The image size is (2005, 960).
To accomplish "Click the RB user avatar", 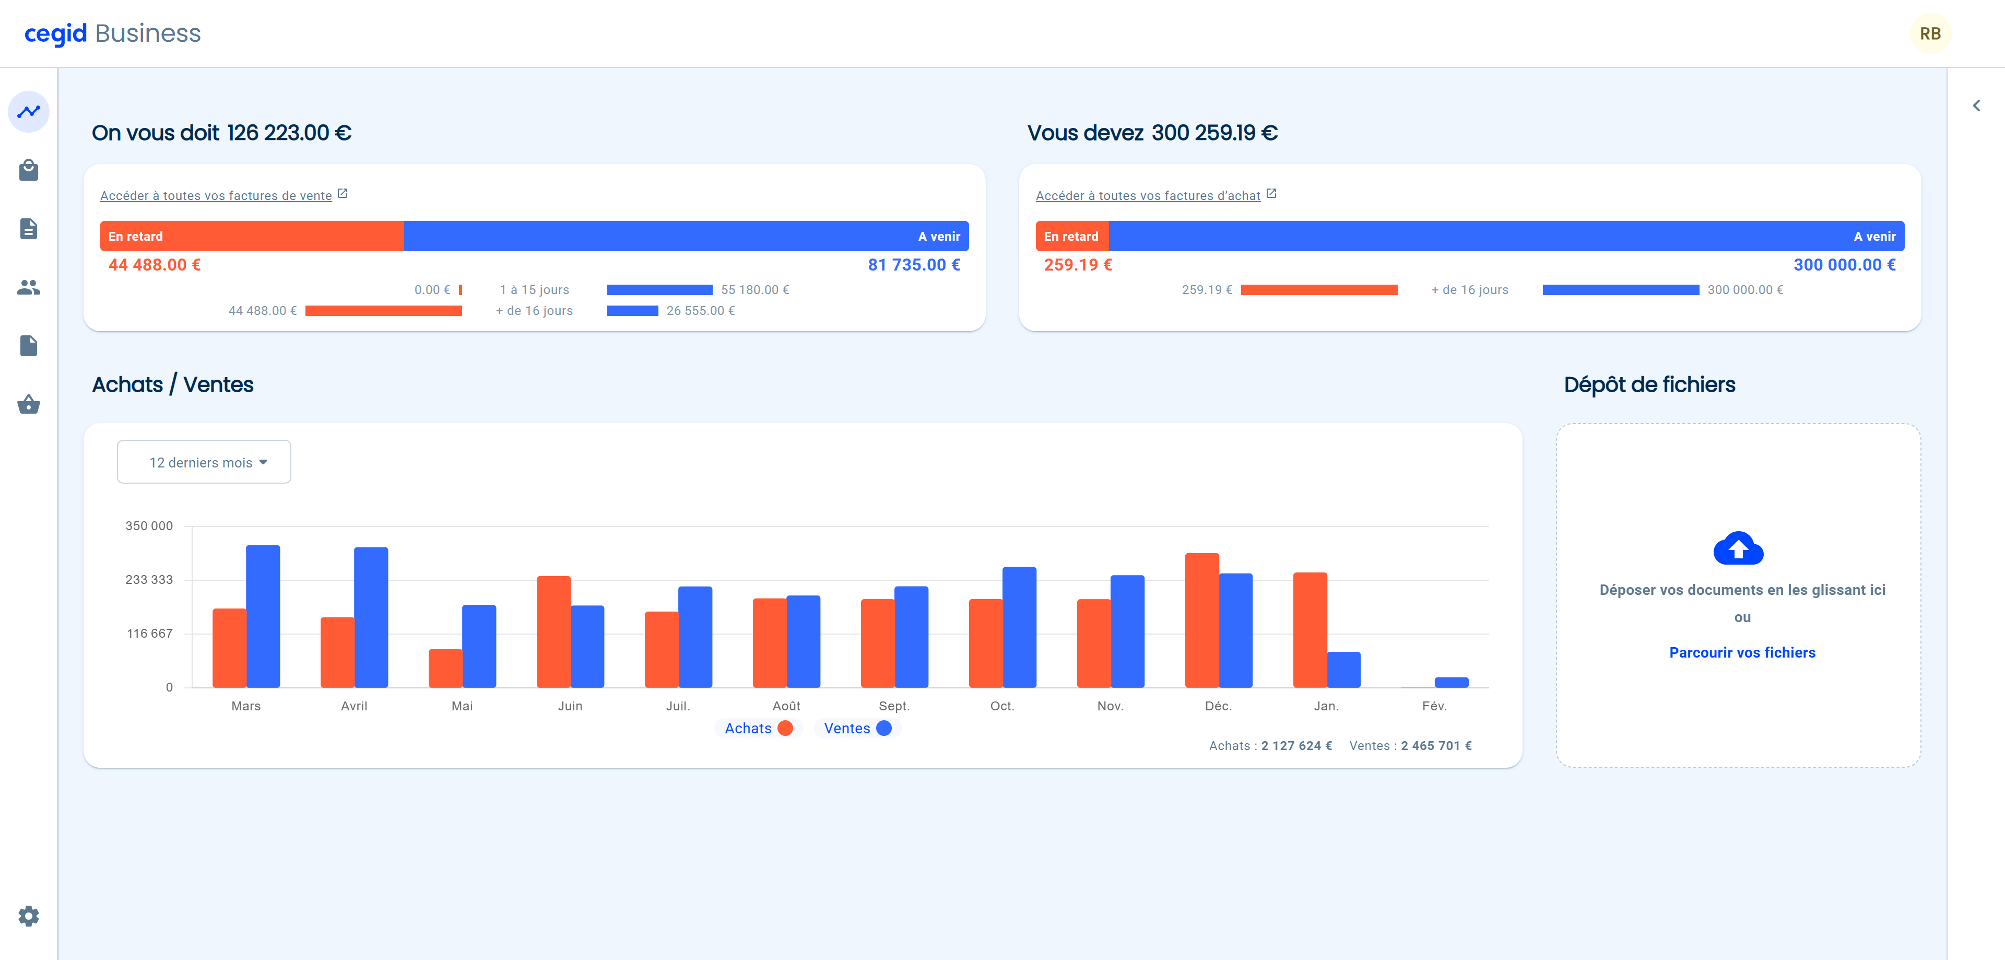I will click(1929, 33).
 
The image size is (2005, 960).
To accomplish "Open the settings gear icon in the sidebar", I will click(29, 916).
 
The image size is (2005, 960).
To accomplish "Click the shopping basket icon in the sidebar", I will click(29, 404).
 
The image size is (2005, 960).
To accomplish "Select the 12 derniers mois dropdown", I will click(204, 462).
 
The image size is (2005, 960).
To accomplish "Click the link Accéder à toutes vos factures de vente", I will click(216, 195).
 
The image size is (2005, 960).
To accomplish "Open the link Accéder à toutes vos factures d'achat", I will click(1148, 195).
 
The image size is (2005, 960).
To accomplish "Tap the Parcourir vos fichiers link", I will click(1742, 652).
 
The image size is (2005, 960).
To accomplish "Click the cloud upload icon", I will click(1738, 549).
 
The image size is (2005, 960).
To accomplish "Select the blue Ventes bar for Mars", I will click(263, 616).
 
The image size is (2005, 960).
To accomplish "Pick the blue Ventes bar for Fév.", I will click(1452, 682).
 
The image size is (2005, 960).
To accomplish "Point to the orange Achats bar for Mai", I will click(445, 668).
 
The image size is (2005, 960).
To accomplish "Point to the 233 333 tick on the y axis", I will click(149, 579).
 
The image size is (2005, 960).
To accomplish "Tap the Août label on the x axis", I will click(786, 706).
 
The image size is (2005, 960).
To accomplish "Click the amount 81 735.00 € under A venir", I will click(914, 265).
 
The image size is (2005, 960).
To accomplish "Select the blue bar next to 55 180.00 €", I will click(659, 290).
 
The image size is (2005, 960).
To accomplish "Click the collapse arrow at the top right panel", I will click(1976, 105).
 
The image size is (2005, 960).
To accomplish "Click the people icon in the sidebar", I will click(29, 287).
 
